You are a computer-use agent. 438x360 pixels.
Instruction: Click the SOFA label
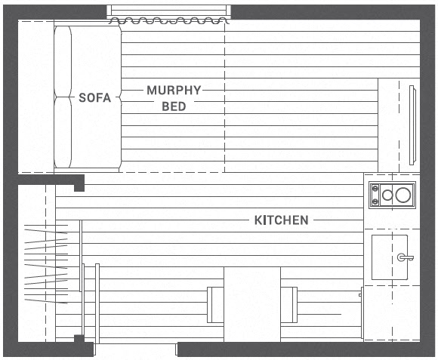[x=94, y=97]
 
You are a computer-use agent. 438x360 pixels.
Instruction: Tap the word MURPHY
[x=174, y=90]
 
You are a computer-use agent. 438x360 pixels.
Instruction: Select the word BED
[x=174, y=106]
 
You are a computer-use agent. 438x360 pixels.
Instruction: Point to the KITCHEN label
[x=281, y=220]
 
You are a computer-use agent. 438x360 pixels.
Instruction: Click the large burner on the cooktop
[x=403, y=195]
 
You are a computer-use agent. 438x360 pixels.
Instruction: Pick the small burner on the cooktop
[x=387, y=195]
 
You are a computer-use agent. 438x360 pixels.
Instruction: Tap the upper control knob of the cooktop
[x=375, y=189]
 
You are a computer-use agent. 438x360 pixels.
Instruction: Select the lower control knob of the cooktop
[x=375, y=201]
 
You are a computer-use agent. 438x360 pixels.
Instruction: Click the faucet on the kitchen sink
[x=405, y=257]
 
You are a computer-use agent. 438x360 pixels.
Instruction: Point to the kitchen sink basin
[x=390, y=257]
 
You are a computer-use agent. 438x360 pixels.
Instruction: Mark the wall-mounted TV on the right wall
[x=412, y=125]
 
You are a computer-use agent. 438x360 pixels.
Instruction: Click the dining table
[x=252, y=304]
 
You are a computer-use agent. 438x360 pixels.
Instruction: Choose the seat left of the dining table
[x=215, y=305]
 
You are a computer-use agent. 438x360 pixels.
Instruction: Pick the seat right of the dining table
[x=289, y=305]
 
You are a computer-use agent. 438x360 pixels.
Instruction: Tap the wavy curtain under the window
[x=168, y=20]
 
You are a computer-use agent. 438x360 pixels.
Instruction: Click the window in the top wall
[x=168, y=11]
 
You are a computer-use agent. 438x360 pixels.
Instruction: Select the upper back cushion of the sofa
[x=63, y=61]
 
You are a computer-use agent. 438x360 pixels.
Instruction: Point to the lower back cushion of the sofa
[x=63, y=132]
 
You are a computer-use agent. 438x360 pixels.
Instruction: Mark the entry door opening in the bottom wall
[x=135, y=349]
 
